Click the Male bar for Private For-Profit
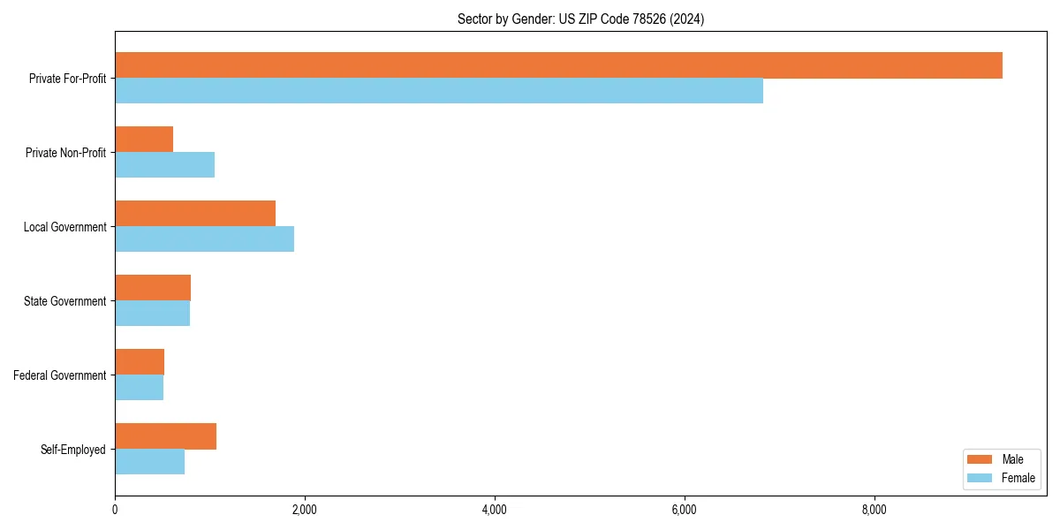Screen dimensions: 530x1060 (558, 65)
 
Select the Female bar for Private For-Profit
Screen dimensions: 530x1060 (439, 91)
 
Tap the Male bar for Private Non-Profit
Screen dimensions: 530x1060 (144, 140)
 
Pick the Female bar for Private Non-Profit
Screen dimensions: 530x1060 (164, 165)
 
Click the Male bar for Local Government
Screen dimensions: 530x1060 (195, 214)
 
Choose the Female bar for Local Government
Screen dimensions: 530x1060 (204, 239)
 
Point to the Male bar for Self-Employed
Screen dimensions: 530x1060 (165, 436)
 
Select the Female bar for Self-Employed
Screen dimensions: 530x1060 (149, 462)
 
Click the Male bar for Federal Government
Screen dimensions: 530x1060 (140, 362)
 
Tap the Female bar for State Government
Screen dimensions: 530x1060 (152, 314)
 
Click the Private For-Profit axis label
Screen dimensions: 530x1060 (67, 79)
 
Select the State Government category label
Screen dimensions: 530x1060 (64, 301)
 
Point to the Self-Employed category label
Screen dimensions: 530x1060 (72, 450)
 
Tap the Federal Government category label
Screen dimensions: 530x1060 (60, 375)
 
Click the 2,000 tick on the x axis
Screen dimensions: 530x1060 (305, 510)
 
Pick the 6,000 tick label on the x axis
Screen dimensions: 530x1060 (685, 510)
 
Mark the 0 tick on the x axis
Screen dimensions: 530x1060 (115, 510)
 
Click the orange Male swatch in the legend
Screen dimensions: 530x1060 (980, 459)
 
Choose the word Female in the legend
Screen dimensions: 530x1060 (1018, 478)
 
